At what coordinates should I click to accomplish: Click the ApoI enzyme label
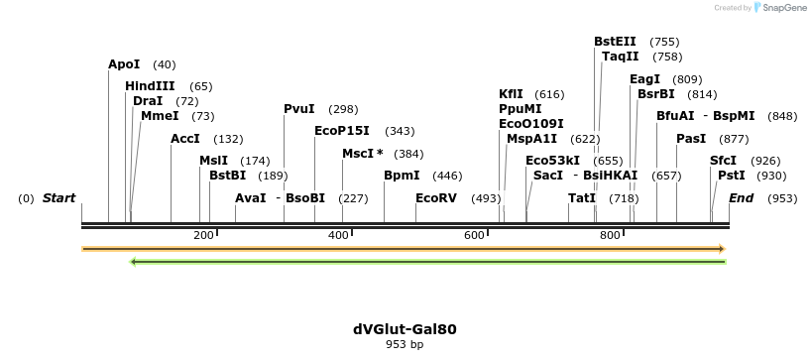point(124,64)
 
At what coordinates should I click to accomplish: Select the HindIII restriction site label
point(150,86)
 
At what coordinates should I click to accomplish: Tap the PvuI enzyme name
point(298,109)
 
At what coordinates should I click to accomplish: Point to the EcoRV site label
point(436,198)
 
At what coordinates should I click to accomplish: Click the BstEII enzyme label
point(615,42)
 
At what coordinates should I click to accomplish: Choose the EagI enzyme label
point(644,79)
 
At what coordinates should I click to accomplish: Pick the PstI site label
point(731,176)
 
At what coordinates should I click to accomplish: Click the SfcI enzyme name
point(724,161)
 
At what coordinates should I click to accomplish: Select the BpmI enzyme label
point(403,176)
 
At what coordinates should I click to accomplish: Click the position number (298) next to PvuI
point(343,109)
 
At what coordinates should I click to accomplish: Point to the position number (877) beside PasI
point(734,139)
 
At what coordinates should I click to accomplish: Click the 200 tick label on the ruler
point(204,235)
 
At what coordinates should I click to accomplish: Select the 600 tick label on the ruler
point(474,235)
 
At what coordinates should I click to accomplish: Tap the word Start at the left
point(58,198)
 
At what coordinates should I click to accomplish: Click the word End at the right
point(742,198)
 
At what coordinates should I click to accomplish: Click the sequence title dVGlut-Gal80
point(405,329)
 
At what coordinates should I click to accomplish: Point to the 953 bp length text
point(405,345)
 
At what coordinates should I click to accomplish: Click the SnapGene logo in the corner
point(781,8)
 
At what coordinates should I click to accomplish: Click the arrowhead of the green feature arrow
point(135,262)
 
